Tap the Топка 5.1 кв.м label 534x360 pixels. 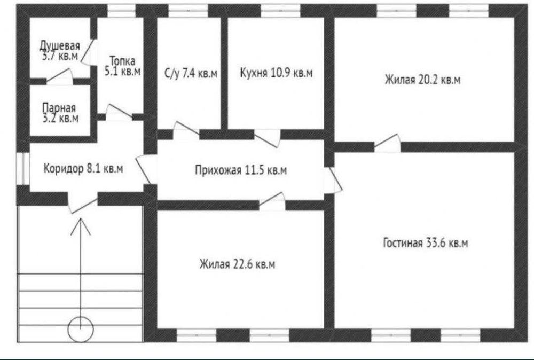point(123,66)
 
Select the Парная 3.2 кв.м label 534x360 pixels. point(59,112)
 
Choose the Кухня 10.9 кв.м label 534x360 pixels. point(276,73)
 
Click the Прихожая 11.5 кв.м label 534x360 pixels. point(240,170)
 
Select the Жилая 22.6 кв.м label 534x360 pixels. point(238,264)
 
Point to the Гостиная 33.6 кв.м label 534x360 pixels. point(426,243)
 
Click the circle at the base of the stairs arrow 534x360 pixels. point(81,328)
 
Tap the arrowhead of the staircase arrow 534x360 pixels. point(81,224)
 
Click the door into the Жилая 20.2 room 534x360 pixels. point(387,144)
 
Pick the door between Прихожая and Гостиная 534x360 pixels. point(334,179)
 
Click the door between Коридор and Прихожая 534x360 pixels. point(144,169)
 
